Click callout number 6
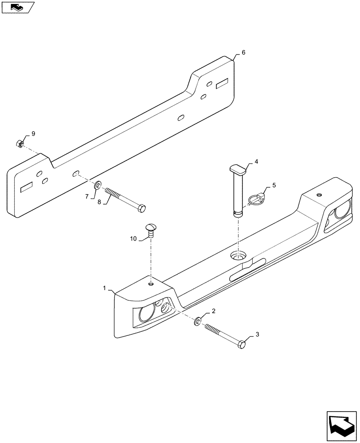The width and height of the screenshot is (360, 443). pos(243,52)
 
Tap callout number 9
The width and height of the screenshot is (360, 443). pos(32,133)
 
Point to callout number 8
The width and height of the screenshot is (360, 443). pos(99,202)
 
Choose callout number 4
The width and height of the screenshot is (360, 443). pos(256,162)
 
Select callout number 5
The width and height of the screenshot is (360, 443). pos(274,185)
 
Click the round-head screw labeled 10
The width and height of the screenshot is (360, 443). pos(151,229)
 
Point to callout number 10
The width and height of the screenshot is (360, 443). pos(133,239)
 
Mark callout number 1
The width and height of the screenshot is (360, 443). pos(105,288)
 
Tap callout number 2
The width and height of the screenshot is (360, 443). pos(213,311)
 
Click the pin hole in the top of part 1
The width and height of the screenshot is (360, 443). pos(238,256)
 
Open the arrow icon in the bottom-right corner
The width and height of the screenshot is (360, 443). pos(340,426)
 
